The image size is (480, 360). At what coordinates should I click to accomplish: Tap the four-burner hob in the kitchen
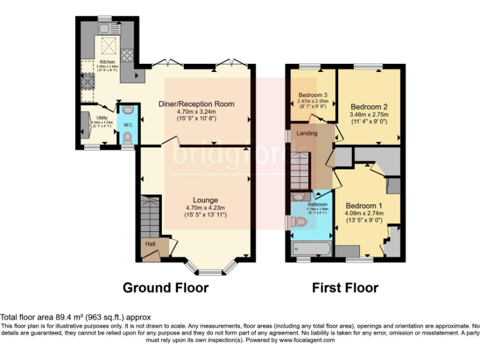click(x=127, y=54)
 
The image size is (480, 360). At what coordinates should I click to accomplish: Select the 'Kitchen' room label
click(x=107, y=62)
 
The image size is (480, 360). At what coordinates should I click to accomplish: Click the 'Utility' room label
click(x=101, y=117)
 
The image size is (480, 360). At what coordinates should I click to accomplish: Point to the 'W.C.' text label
click(x=127, y=125)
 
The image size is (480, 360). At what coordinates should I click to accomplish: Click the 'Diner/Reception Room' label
click(x=206, y=104)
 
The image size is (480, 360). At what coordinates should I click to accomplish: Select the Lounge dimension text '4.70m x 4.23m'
click(x=206, y=208)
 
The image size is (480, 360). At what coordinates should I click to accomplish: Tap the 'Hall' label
click(x=150, y=244)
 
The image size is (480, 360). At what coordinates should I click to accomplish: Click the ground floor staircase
click(x=150, y=216)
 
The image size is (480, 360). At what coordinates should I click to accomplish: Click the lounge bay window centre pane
click(x=209, y=272)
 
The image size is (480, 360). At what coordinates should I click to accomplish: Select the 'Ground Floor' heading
click(x=165, y=288)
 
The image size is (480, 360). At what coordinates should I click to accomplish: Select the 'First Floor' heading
click(x=345, y=288)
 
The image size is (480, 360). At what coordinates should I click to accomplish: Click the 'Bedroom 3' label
click(x=312, y=96)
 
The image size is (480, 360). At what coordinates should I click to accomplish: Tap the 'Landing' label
click(x=307, y=133)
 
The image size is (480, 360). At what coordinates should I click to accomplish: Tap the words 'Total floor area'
click(x=28, y=317)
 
